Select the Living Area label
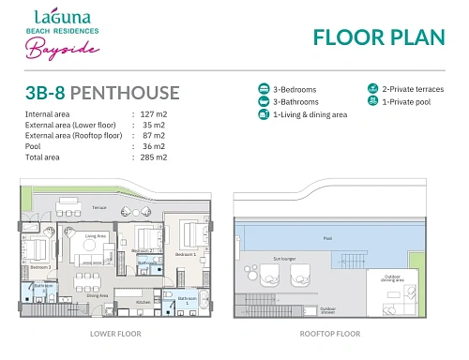point(96,235)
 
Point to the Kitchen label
point(143,303)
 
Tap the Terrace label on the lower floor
point(99,206)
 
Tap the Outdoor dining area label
point(391,277)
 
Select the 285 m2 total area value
point(153,157)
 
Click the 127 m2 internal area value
point(153,113)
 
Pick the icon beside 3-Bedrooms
point(264,89)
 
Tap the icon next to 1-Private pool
point(372,101)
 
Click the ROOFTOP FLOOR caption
point(330,333)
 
